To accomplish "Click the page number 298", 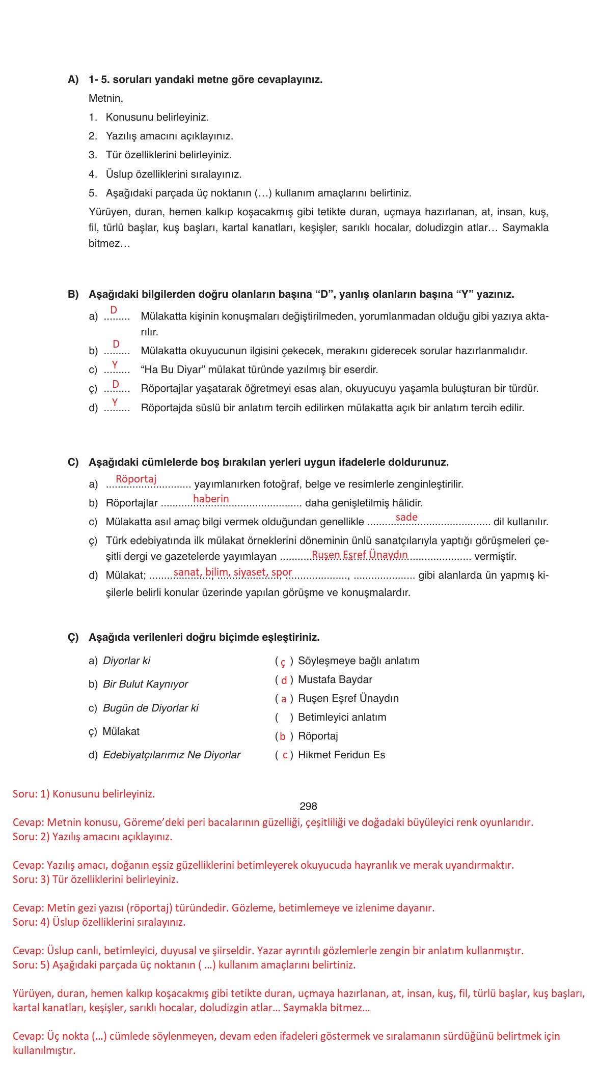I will pos(308,806).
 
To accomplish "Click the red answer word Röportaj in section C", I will pos(136,479).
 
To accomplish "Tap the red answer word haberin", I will pos(211,499).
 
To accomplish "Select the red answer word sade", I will pos(406,517).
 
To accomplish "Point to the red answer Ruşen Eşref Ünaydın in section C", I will pos(360,555).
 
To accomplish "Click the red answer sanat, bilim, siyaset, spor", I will pos(233,572).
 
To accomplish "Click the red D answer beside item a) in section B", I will pos(114,310).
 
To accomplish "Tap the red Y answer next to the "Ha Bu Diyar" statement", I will pos(115,365).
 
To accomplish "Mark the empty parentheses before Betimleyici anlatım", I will pos(284,718).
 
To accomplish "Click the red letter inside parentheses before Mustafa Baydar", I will pos(284,680).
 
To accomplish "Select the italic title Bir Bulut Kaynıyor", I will pos(145,685).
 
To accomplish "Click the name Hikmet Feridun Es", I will pos(341,755).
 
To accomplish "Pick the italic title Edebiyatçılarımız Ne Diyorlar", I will pos(172,755).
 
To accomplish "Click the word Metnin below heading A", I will pos(105,98).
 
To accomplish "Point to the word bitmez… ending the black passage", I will pos(109,244).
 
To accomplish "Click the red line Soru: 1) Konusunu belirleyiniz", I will pos(84,794).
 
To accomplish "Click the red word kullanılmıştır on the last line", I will pos(44,1050).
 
